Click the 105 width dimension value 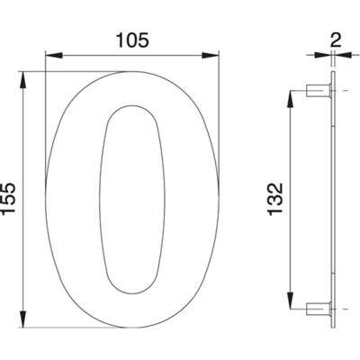click(x=132, y=40)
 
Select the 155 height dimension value click(x=8, y=198)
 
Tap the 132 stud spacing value click(x=275, y=199)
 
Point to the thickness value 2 click(x=336, y=40)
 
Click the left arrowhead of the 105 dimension click(x=54, y=56)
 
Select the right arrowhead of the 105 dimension click(x=211, y=56)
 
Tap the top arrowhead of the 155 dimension click(x=23, y=80)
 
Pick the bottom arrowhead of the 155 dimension click(x=23, y=319)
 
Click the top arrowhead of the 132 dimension click(x=291, y=99)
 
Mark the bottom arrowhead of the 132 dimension click(x=291, y=301)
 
